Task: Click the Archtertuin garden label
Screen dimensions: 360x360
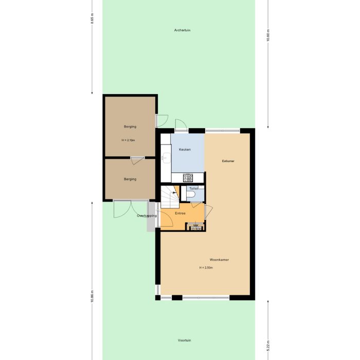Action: coord(178,30)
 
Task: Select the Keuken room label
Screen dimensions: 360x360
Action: coord(185,150)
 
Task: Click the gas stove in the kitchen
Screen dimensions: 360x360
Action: coord(188,178)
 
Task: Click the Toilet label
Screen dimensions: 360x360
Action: coord(193,189)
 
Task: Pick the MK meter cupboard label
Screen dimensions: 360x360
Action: coord(195,225)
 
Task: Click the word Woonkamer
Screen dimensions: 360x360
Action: coord(219,260)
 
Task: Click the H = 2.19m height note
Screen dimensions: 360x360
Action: coord(129,140)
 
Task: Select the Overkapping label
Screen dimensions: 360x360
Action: coord(147,216)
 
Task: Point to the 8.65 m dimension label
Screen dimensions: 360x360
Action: coord(92,19)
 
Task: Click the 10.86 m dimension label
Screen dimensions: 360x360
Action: coord(92,297)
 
